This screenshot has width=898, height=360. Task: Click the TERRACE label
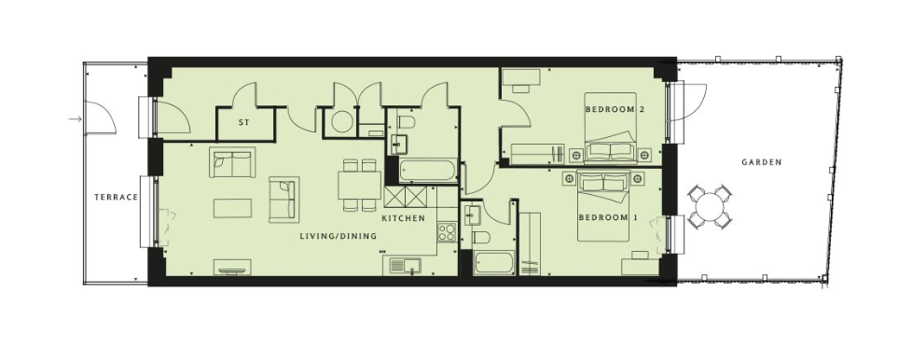pyautogui.click(x=117, y=198)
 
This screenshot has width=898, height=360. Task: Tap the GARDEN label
pyautogui.click(x=762, y=162)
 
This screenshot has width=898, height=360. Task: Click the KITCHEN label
pyautogui.click(x=403, y=218)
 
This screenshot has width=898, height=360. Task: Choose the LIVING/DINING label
pyautogui.click(x=338, y=236)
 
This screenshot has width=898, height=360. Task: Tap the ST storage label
pyautogui.click(x=243, y=122)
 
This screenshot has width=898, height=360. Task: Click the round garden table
pyautogui.click(x=710, y=207)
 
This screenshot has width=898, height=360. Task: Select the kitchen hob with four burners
pyautogui.click(x=447, y=232)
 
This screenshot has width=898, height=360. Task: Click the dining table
pyautogui.click(x=359, y=185)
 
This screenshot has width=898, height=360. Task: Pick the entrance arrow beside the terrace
pyautogui.click(x=75, y=119)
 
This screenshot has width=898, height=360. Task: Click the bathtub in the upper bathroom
pyautogui.click(x=428, y=170)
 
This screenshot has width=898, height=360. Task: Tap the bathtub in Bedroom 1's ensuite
pyautogui.click(x=493, y=263)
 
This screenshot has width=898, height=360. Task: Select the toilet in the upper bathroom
pyautogui.click(x=406, y=121)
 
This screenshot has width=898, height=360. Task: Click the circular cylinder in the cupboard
pyautogui.click(x=342, y=121)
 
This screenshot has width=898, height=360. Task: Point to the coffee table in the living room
pyautogui.click(x=232, y=208)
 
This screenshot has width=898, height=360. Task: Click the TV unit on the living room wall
pyautogui.click(x=232, y=267)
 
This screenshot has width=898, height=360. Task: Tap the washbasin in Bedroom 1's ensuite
pyautogui.click(x=472, y=215)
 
